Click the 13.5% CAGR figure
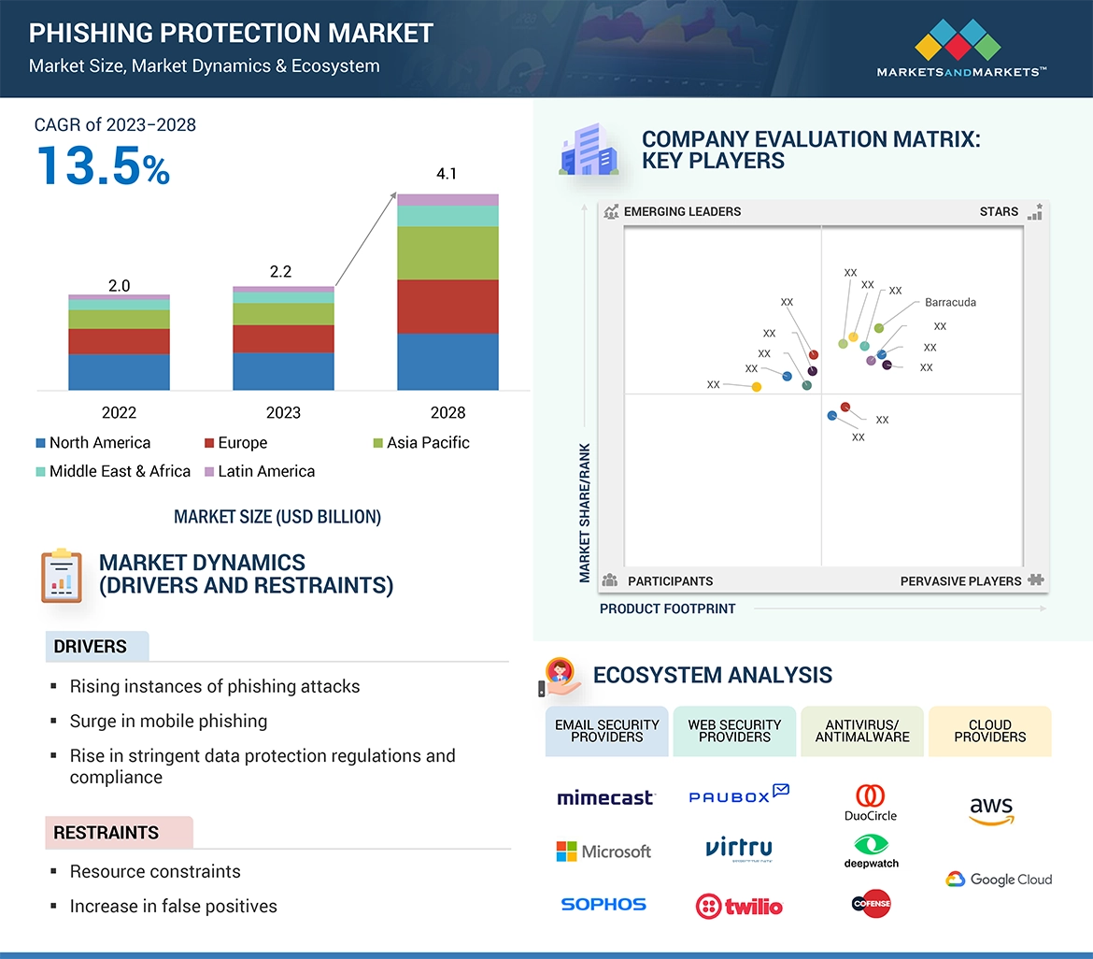point(103,165)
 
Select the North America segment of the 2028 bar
point(447,362)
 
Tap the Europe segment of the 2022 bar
point(119,341)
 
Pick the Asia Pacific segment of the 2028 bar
point(447,253)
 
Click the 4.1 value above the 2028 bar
point(447,174)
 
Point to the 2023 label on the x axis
point(283,412)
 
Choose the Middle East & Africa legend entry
point(113,471)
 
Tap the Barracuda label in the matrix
point(950,303)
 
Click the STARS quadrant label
point(999,211)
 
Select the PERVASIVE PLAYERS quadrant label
point(960,580)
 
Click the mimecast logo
point(605,797)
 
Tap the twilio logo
point(739,906)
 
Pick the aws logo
point(990,810)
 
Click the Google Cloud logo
point(999,880)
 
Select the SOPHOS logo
point(603,904)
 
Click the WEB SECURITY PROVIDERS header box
point(734,731)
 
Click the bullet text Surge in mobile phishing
point(168,721)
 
